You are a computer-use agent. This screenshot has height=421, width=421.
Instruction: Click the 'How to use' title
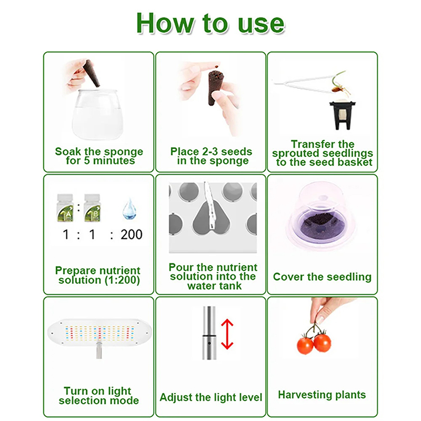[x=210, y=23]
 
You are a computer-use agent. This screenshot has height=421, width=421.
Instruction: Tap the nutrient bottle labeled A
[x=65, y=207]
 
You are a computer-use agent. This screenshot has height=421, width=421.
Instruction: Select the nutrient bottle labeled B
[x=92, y=207]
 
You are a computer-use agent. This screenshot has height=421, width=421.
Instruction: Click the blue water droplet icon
[x=129, y=209]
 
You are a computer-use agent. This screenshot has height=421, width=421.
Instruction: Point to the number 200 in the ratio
[x=132, y=234]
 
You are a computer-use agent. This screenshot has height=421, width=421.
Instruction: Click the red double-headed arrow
[x=227, y=334]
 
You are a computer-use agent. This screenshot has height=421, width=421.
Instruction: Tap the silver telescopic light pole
[x=209, y=333]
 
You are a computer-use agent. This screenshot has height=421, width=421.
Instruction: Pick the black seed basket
[x=343, y=114]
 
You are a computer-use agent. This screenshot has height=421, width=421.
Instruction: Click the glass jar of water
[x=97, y=114]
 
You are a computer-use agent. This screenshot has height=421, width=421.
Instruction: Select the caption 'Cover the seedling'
[x=322, y=277]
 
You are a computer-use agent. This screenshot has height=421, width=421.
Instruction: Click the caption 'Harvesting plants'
[x=322, y=395]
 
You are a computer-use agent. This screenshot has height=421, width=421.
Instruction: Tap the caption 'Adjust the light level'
[x=211, y=397]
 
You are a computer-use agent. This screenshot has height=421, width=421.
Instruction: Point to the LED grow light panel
[x=99, y=333]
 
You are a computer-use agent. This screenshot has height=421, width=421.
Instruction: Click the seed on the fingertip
[x=216, y=65]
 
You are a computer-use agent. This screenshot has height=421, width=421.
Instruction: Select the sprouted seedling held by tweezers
[x=339, y=85]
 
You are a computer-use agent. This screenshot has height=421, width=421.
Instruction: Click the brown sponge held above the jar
[x=92, y=73]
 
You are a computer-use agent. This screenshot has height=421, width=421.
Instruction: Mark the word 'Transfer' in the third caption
[x=305, y=144]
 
